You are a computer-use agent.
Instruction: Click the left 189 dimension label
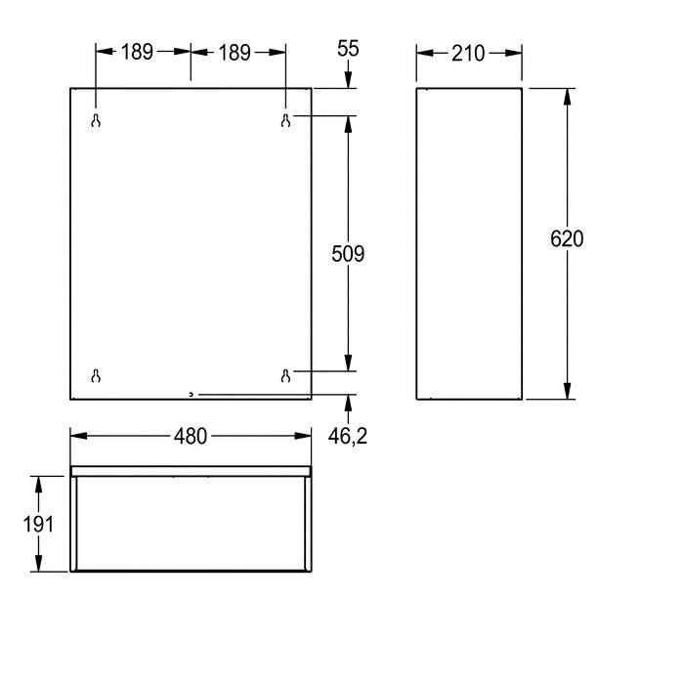[137, 52]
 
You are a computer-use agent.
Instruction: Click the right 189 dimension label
[235, 53]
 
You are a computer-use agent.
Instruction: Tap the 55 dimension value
[348, 49]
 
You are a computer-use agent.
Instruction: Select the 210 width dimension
[468, 54]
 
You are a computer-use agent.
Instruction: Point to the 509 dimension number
[348, 254]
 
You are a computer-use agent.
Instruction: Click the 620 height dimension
[567, 239]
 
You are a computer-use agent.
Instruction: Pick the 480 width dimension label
[191, 436]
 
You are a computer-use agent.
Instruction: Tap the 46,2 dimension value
[348, 436]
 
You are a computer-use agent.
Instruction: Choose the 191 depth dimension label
[38, 524]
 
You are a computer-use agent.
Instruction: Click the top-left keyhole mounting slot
[96, 120]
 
